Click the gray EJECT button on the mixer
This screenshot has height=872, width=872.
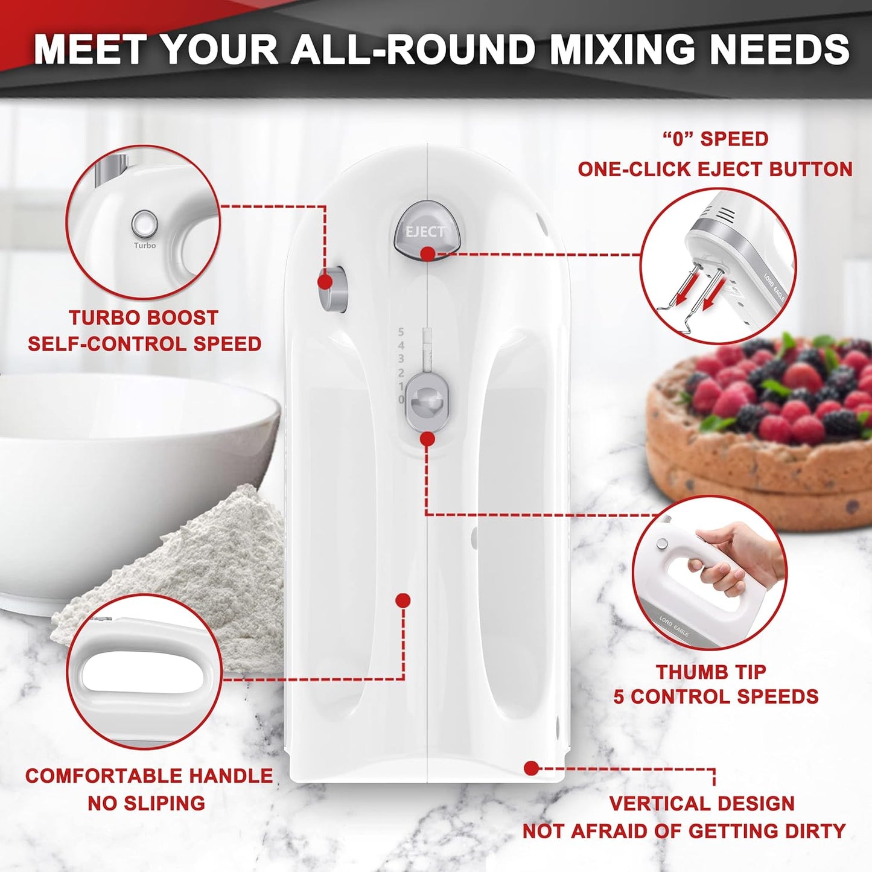tap(427, 230)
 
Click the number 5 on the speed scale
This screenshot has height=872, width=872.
tap(401, 332)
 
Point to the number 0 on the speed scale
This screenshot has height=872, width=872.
tap(401, 399)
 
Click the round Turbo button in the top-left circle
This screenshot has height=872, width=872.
tap(145, 224)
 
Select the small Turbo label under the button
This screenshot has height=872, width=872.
tap(145, 246)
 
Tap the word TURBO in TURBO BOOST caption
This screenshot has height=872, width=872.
tap(103, 318)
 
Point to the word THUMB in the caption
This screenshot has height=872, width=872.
tap(686, 672)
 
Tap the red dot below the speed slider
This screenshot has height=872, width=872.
tap(427, 439)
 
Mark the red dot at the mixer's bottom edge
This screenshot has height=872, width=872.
tap(531, 768)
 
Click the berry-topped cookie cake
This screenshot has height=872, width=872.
tap(766, 434)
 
